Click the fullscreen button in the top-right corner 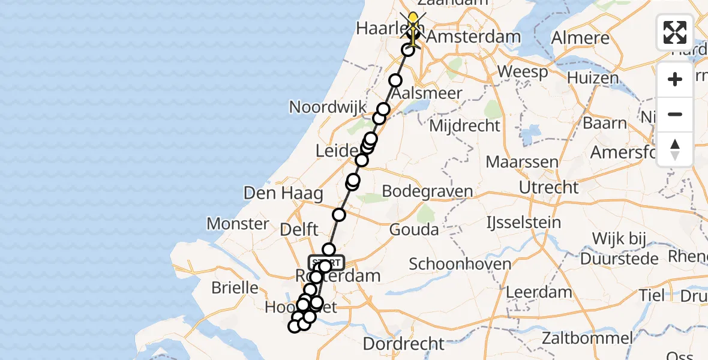675,32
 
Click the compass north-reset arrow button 675,149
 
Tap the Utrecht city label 548,187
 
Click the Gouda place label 414,229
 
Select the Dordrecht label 404,344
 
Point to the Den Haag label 283,193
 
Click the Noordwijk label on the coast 328,107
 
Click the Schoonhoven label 460,264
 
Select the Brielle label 235,287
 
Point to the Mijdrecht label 464,126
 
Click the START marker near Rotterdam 327,262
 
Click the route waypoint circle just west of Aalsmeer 395,81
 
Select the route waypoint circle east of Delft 339,215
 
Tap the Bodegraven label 427,192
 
